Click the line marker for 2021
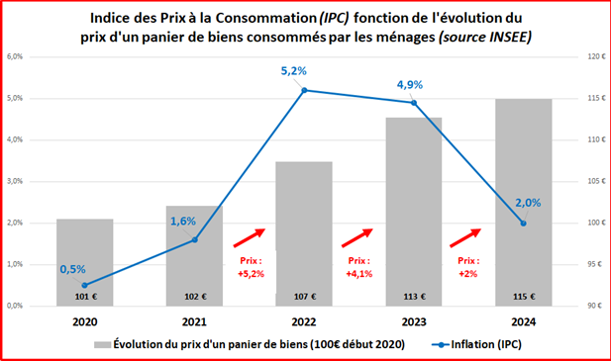pos(195,239)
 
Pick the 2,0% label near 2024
pos(528,202)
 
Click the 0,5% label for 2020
pos(71,269)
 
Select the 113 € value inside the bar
pos(415,295)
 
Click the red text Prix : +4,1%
pos(358,266)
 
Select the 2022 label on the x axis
pos(305,320)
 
